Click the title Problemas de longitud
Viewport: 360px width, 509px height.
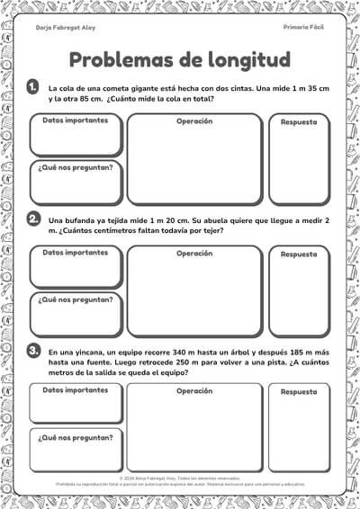coord(180,59)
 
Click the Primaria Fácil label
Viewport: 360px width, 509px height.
coord(303,28)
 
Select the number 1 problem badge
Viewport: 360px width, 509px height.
coord(33,86)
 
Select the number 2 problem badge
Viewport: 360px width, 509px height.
coord(33,219)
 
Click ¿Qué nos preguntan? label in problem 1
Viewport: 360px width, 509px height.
coord(76,167)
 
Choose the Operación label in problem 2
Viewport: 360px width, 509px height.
coord(194,253)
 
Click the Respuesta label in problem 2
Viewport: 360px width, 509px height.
coord(299,254)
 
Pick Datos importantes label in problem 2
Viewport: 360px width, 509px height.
coord(76,253)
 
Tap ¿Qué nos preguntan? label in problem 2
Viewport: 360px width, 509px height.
coord(76,299)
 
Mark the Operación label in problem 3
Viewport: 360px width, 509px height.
coord(194,390)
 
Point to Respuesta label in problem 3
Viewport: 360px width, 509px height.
coord(299,392)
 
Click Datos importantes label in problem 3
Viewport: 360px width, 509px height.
coord(76,390)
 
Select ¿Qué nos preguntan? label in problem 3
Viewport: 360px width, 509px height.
coord(76,437)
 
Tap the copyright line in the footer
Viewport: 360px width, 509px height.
coord(180,478)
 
